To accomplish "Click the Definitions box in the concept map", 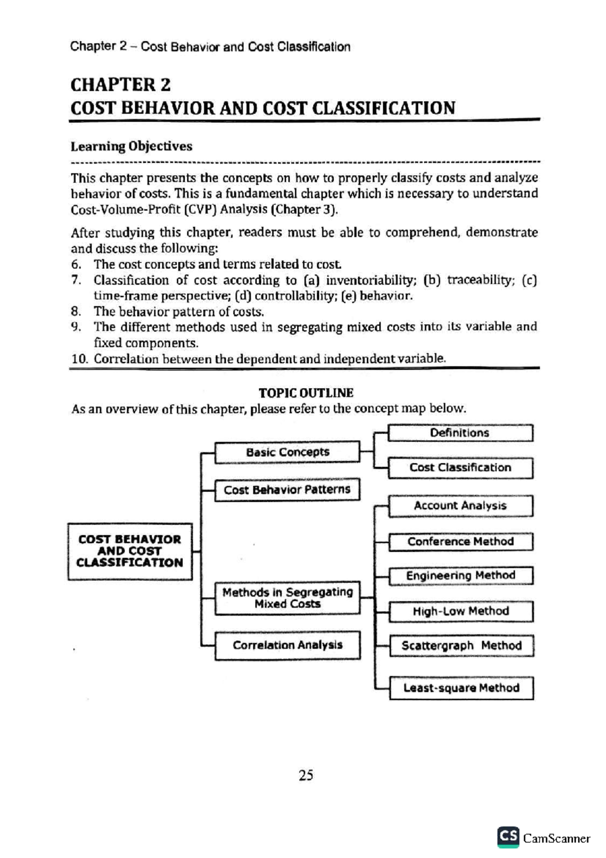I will (460, 433).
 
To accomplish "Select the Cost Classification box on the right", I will (460, 468).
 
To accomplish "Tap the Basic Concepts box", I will (287, 452).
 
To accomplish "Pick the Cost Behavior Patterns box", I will (287, 490).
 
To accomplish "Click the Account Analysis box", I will (460, 506).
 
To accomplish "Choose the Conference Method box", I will (460, 542).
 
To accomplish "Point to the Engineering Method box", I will (460, 576).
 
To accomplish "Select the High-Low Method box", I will (461, 611).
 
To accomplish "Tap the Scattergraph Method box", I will (461, 646).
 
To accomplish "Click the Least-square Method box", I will (461, 688).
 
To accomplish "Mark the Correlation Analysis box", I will (287, 645).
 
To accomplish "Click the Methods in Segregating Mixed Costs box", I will (287, 598).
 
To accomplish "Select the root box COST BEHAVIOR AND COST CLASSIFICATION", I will (130, 551).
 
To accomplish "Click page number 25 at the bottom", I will (306, 775).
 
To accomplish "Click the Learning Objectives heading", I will (131, 147).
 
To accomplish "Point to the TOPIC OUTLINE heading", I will (306, 393).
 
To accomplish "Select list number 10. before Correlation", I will (79, 359).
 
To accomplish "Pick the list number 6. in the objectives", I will (76, 264).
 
